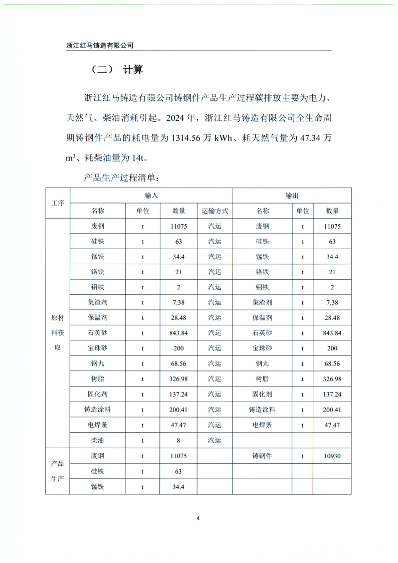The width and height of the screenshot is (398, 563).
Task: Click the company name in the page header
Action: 100,45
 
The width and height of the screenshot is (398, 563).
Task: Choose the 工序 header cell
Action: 58,203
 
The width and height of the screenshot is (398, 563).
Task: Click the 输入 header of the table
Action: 151,196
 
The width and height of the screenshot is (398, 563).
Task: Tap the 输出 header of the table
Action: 292,196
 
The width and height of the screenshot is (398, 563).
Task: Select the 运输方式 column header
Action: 215,211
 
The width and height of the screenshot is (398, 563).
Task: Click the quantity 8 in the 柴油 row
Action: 178,441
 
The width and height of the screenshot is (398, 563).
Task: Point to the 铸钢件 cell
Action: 262,456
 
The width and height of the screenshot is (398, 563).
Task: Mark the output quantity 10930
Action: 332,456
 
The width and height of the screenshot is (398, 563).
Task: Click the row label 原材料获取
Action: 58,333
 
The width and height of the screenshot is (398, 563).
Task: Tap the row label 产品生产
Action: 58,471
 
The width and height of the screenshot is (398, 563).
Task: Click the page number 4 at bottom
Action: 198,518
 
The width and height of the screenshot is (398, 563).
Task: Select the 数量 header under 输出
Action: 332,211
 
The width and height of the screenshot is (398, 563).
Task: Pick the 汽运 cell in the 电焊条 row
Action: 215,425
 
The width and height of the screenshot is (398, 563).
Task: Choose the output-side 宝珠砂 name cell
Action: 262,348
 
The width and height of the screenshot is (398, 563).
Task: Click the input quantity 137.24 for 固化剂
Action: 178,395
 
